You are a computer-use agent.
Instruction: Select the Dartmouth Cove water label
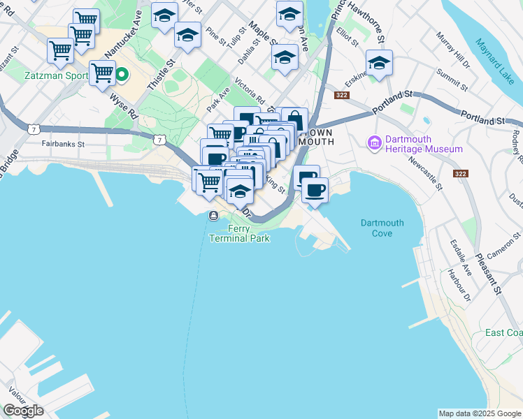pyautogui.click(x=382, y=228)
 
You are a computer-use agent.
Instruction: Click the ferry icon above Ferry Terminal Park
pyautogui.click(x=213, y=216)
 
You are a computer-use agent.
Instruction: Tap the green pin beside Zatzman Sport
pyautogui.click(x=121, y=73)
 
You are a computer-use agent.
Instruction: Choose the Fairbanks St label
pyautogui.click(x=62, y=145)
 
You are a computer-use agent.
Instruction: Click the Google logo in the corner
pyautogui.click(x=23, y=411)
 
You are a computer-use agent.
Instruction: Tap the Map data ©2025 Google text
pyautogui.click(x=479, y=413)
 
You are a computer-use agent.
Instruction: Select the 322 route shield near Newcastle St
pyautogui.click(x=461, y=173)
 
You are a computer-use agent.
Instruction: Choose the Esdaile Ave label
pyautogui.click(x=461, y=258)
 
